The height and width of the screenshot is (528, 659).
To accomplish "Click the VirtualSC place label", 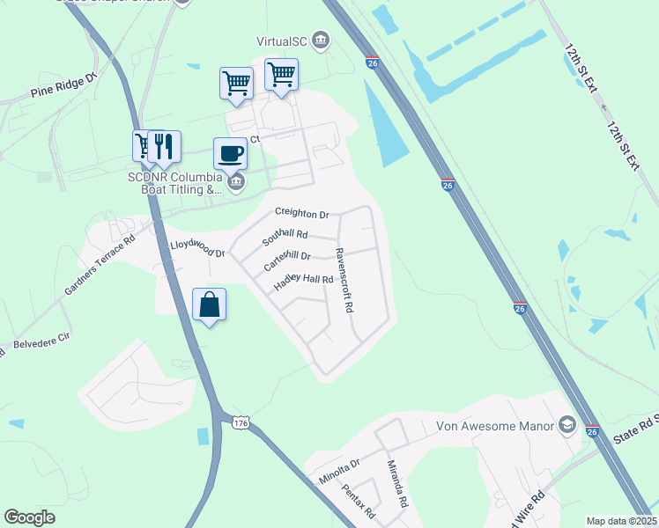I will (283, 40).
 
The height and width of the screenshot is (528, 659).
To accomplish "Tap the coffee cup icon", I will (230, 153).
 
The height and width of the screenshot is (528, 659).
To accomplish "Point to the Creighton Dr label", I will (301, 214).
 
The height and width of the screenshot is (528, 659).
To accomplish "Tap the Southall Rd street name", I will (285, 237).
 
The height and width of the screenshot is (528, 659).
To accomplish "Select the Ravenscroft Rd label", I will (343, 280).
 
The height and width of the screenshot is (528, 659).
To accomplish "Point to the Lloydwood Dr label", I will (197, 248).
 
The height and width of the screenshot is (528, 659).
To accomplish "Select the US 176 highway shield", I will (241, 423).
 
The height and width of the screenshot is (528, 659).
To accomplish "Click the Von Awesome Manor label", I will (495, 427).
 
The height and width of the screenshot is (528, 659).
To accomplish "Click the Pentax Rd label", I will (359, 501).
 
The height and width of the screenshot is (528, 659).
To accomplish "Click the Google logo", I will (30, 517).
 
